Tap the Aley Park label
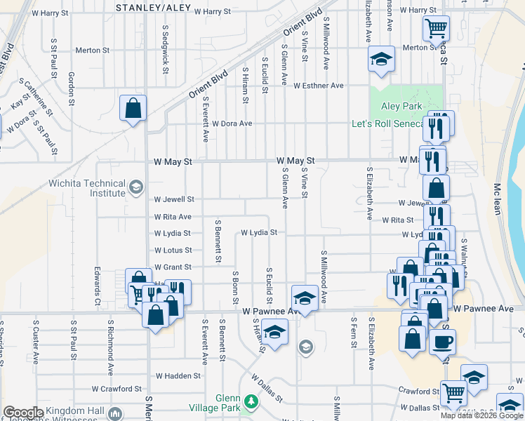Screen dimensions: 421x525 pyautogui.click(x=401, y=106)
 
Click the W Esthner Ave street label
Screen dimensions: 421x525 pyautogui.click(x=319, y=86)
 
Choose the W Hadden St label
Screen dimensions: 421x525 pyautogui.click(x=178, y=376)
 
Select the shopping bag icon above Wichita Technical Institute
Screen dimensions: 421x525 pyautogui.click(x=133, y=108)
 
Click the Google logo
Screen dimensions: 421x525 pyautogui.click(x=22, y=412)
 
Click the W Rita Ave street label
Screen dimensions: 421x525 pyautogui.click(x=173, y=217)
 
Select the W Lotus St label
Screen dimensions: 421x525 pyautogui.click(x=173, y=250)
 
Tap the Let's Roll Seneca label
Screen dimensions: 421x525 pyautogui.click(x=388, y=124)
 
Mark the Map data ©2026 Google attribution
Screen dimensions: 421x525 pyautogui.click(x=481, y=415)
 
